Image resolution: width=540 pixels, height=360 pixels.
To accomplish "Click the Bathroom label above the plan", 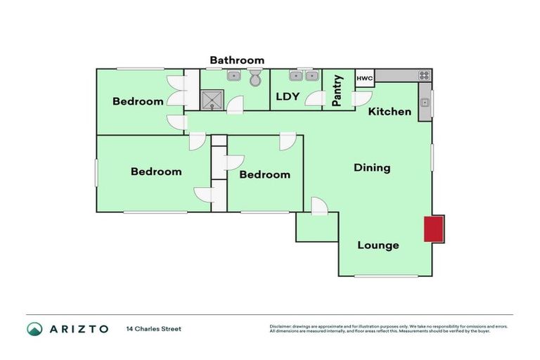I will tap(237, 60).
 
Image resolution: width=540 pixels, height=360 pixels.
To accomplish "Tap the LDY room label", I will tap(288, 96).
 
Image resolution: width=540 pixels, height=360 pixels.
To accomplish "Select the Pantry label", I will tap(337, 91).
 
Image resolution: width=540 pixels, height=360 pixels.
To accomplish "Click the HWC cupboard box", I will tap(364, 78).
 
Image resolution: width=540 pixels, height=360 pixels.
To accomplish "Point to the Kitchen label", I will tap(390, 111).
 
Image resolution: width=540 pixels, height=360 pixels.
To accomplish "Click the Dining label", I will tap(372, 168).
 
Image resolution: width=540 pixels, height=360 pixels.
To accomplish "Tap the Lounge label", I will tap(378, 245).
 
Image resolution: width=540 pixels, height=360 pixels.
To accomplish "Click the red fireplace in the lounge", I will tap(432, 229).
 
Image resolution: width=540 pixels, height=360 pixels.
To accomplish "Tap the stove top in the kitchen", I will tap(425, 75).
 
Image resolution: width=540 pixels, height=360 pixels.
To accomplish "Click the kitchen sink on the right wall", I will tap(425, 103).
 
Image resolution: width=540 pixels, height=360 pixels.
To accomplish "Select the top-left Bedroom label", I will tap(138, 101).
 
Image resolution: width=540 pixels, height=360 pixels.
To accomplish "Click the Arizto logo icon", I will tap(34, 329).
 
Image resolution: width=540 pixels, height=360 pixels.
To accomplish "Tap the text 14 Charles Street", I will tap(153, 329).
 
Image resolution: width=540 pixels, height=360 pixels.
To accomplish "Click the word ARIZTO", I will tap(78, 329).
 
